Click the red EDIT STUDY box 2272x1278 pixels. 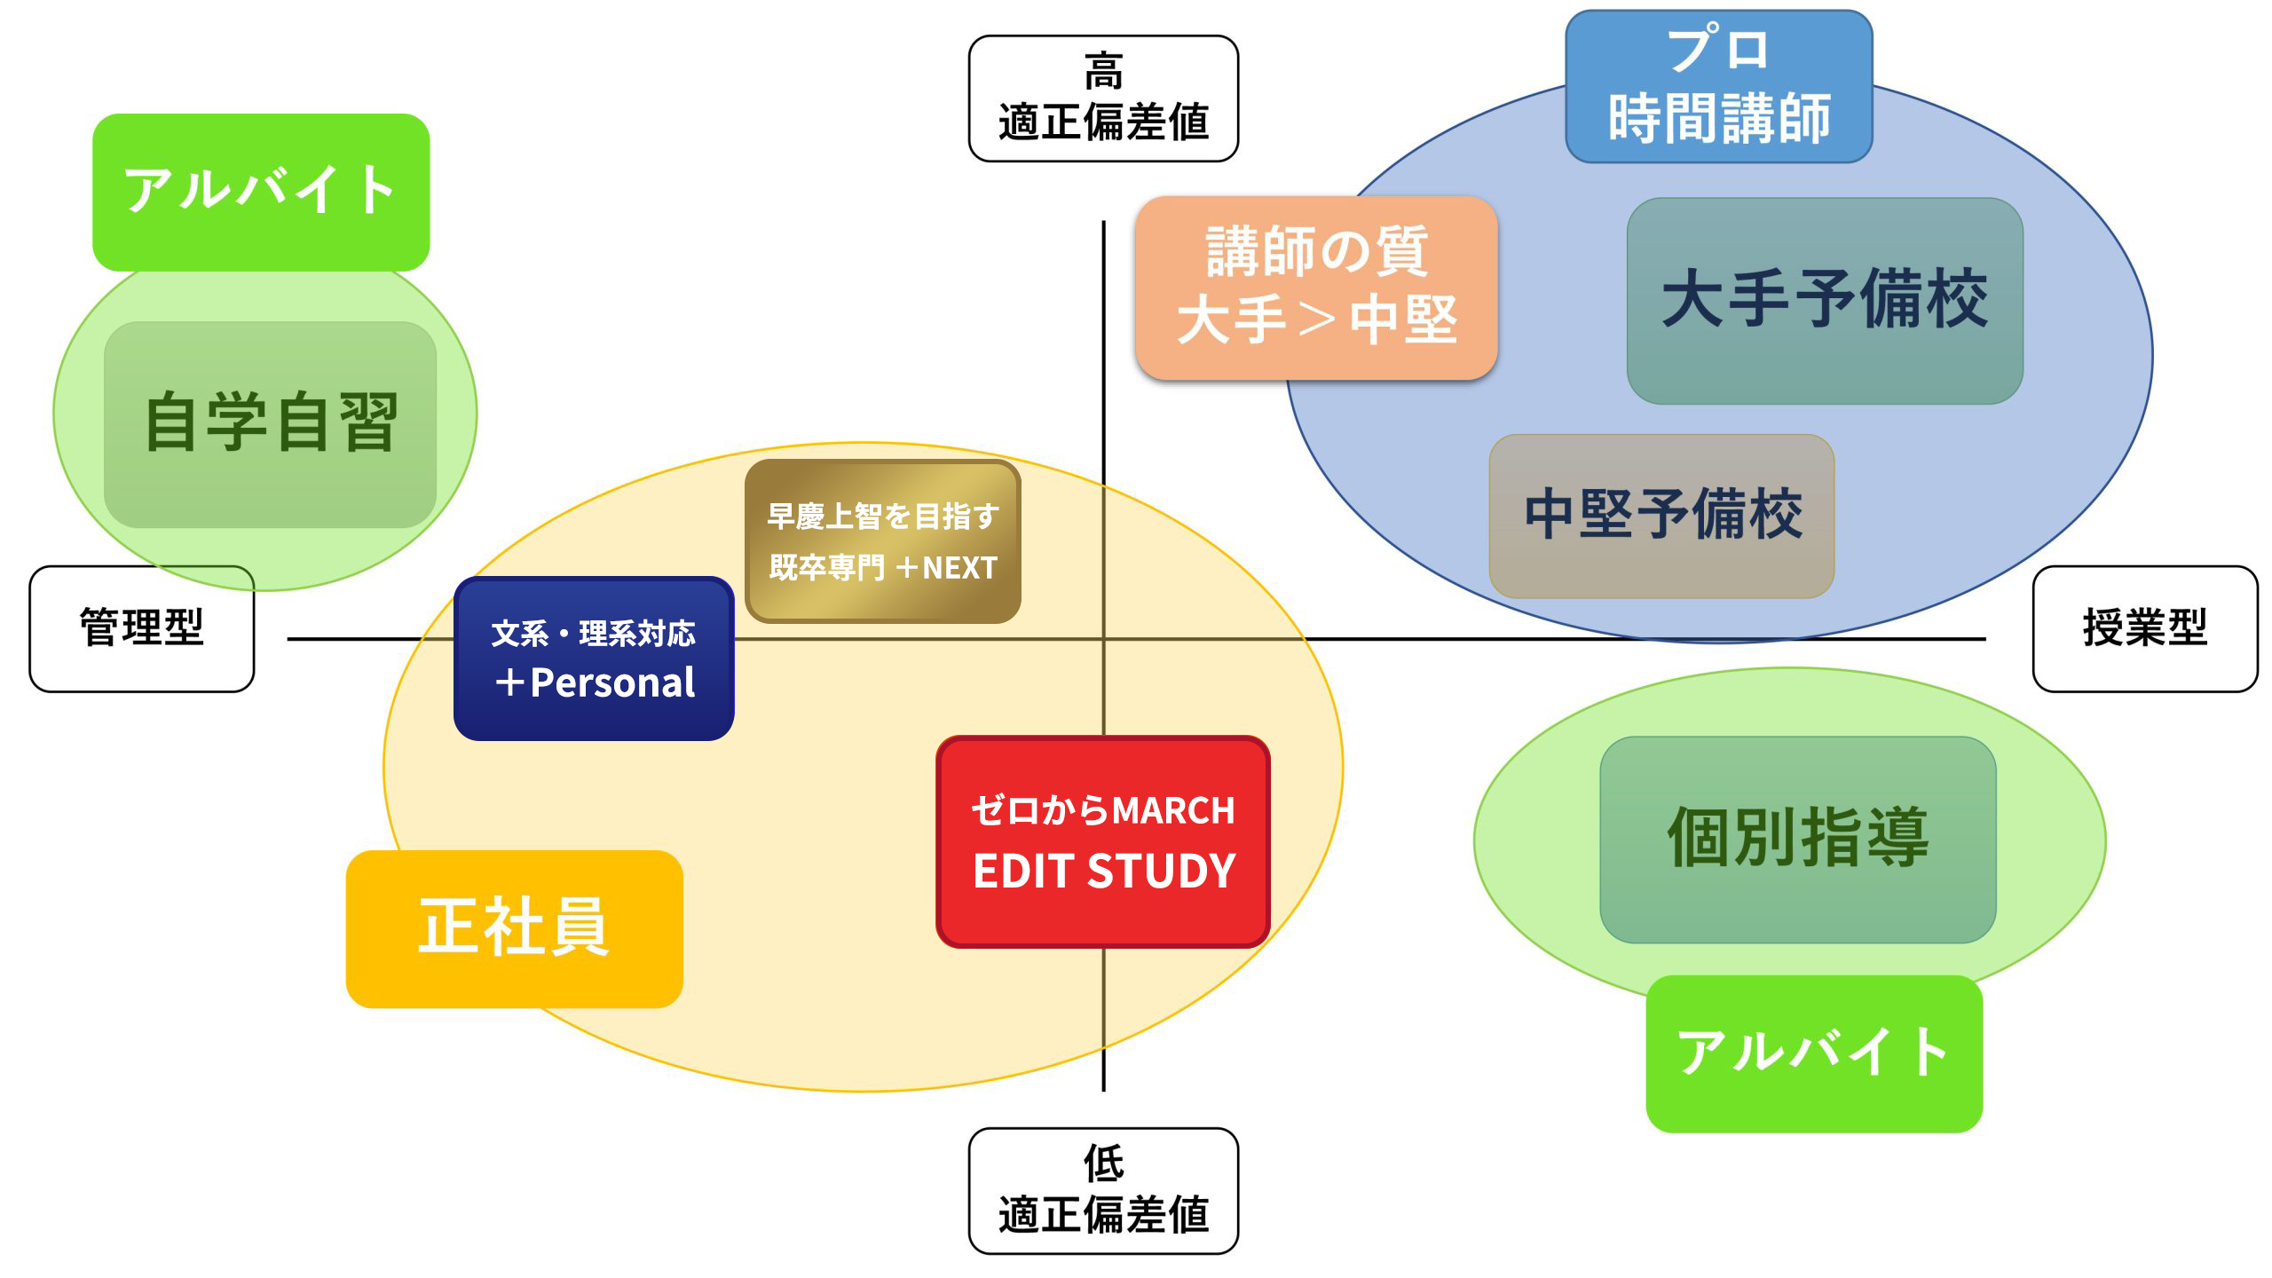pos(1102,841)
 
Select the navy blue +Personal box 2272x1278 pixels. pos(593,659)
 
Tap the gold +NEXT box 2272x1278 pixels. pos(882,541)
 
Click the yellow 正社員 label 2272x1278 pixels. pos(514,928)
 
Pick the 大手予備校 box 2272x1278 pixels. pos(1824,301)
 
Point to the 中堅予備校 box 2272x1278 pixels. pos(1661,516)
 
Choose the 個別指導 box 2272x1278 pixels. pos(1797,839)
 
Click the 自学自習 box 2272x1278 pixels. pos(270,424)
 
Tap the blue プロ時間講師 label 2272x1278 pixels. pos(1718,86)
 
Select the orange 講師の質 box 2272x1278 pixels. pos(1316,288)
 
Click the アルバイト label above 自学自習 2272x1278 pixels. pos(261,192)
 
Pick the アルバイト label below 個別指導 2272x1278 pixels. pos(1813,1053)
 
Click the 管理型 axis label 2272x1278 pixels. pos(142,628)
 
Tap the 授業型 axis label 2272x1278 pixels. pos(2144,628)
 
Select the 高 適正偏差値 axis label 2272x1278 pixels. pos(1102,99)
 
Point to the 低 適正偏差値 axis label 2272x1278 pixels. pos(1102,1190)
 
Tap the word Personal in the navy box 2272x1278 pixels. pos(612,683)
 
